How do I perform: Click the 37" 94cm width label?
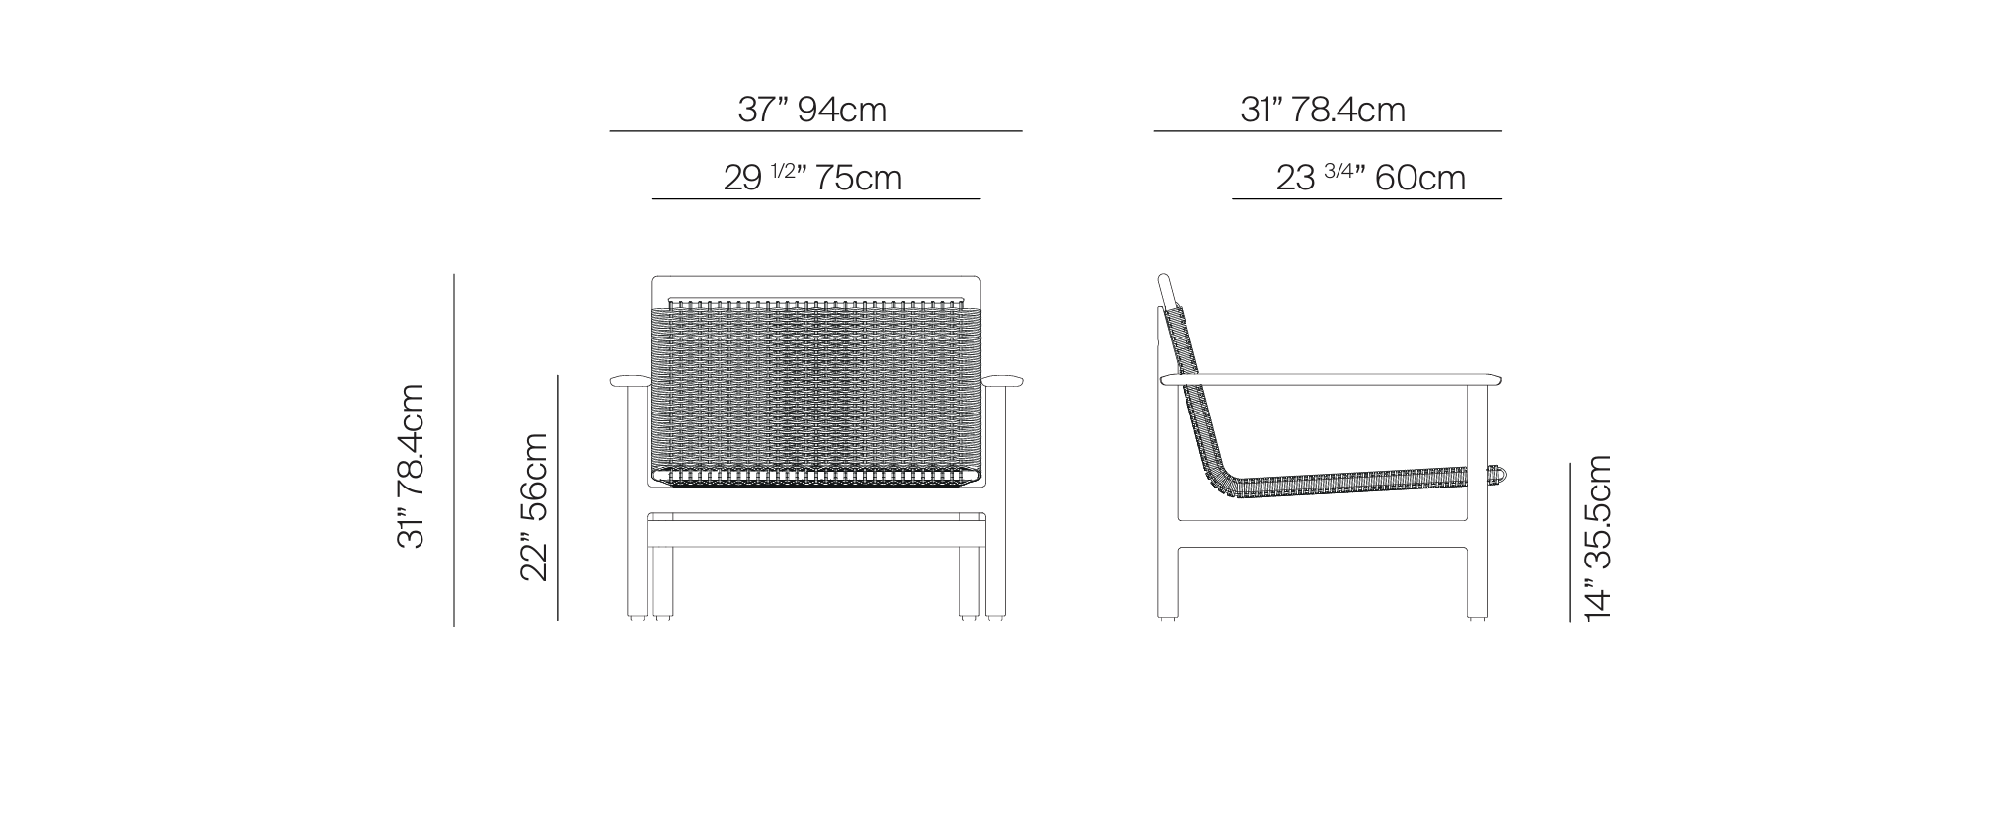click(812, 109)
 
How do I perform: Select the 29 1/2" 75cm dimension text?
click(812, 178)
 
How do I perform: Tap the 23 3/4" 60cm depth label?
click(1370, 178)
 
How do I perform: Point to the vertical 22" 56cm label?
click(534, 506)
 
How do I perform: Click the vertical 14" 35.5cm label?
click(1597, 538)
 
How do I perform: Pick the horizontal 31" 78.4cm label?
click(1323, 109)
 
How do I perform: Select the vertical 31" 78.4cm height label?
click(410, 466)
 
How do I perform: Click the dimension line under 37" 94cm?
click(815, 130)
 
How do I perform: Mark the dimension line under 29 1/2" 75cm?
click(816, 199)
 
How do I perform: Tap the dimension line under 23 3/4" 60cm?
click(1367, 199)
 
